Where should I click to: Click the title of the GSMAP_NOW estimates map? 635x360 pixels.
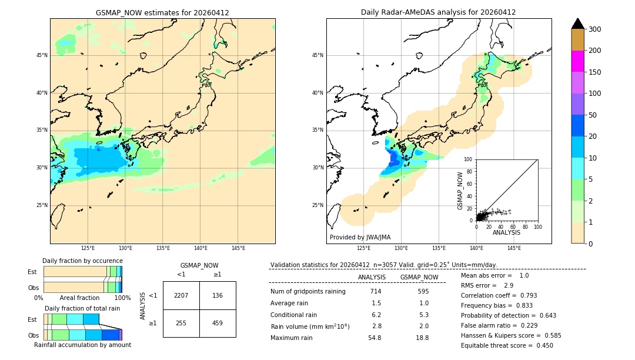[x=162, y=12]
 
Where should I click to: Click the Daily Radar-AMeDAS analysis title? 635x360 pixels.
[x=438, y=12]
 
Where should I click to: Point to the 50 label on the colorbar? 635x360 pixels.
[x=594, y=115]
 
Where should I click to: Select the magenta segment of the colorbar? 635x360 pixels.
[x=578, y=61]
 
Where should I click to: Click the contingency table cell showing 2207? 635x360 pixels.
[x=181, y=295]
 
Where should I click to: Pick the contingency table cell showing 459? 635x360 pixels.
[x=218, y=323]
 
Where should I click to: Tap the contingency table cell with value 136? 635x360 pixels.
[x=218, y=295]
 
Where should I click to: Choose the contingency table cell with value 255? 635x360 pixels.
[x=181, y=323]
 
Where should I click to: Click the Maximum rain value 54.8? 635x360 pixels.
[x=375, y=338]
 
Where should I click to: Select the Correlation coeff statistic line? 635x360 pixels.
[x=499, y=295]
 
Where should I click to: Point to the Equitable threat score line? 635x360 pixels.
[x=507, y=345]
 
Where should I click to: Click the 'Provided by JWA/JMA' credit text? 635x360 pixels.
[x=360, y=237]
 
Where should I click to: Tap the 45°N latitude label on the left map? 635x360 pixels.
[x=42, y=55]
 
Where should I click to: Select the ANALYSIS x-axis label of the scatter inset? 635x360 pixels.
[x=506, y=232]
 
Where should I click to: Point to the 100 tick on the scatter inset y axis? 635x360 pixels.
[x=469, y=159]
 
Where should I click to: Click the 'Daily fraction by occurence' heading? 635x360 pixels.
[x=82, y=261]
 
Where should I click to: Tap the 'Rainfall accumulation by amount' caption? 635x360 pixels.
[x=82, y=345]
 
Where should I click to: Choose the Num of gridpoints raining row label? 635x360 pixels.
[x=308, y=291]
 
